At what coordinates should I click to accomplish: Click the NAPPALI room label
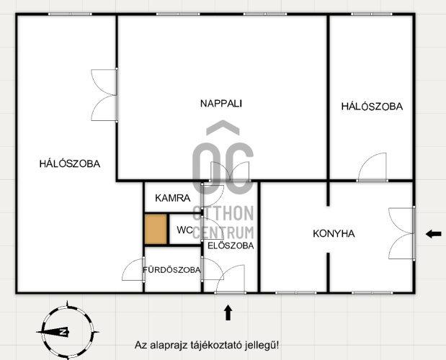221,104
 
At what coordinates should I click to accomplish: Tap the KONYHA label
334,233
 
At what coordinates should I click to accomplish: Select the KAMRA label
173,198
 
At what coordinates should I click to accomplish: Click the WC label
184,230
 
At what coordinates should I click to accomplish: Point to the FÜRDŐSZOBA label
171,270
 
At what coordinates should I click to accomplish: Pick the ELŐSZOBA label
231,246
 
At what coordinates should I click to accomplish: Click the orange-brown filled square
156,229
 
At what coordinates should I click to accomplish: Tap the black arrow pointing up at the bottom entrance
228,312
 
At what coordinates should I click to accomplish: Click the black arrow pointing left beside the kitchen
434,234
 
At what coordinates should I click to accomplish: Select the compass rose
68,332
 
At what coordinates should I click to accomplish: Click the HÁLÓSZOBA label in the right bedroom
372,107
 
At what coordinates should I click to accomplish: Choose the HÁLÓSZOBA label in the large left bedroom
70,164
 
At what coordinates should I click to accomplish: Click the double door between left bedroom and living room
104,95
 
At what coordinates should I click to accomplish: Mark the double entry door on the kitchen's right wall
401,233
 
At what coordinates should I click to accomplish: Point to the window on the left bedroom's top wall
70,14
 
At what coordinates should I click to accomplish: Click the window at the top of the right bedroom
372,14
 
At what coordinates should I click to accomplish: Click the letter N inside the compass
63,332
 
